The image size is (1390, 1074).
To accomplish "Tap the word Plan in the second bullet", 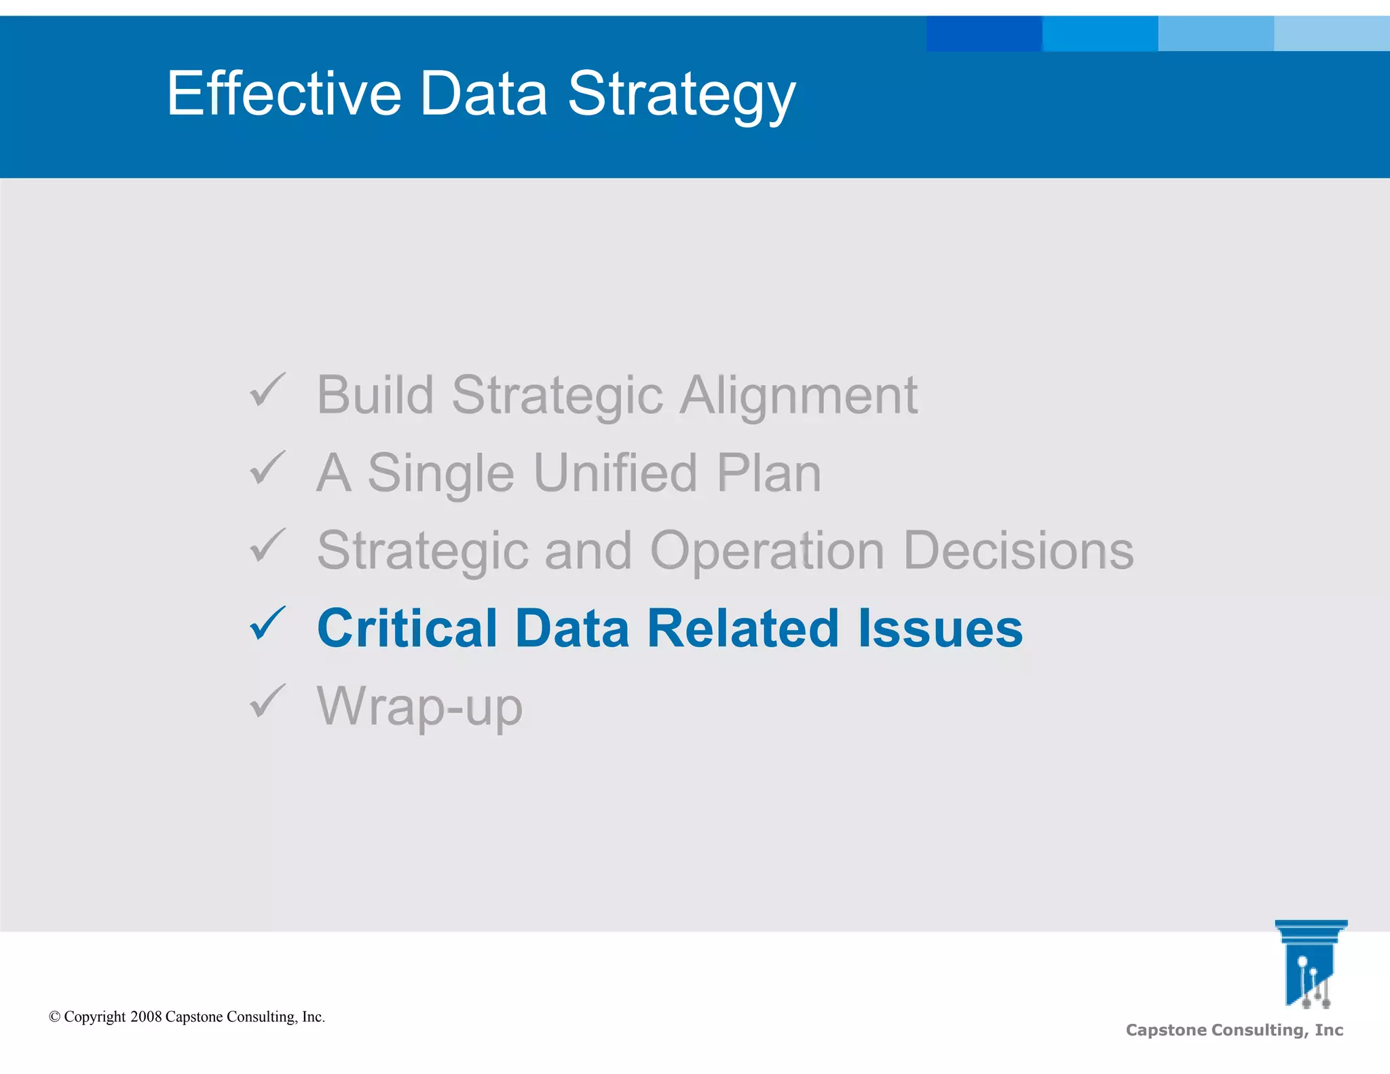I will pos(769,473).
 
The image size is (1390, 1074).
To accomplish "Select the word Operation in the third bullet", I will pos(767,551).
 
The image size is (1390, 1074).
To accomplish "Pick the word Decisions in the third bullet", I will pos(1018,550).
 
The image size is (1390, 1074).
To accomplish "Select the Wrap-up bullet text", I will pos(419,707).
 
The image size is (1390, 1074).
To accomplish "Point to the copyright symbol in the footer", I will pos(54,1016).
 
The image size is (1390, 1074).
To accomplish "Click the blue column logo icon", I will pos(1310,963).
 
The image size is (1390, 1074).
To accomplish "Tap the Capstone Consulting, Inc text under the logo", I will pos(1234,1030).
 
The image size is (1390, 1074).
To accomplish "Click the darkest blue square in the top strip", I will pos(983,34).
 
